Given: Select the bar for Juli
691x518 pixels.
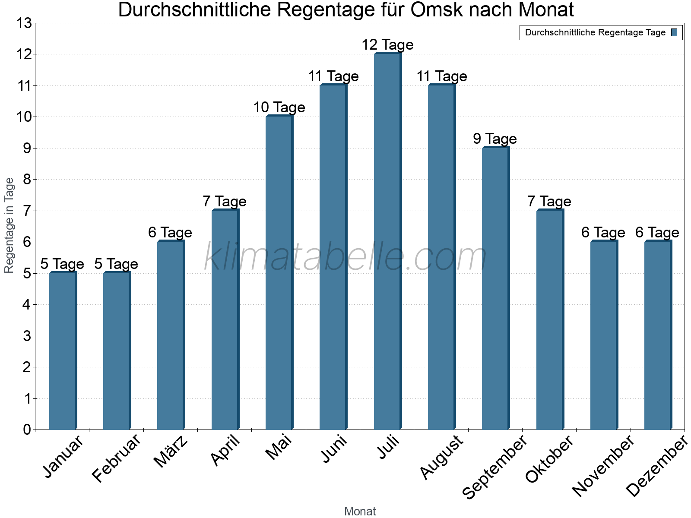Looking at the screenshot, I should (387, 242).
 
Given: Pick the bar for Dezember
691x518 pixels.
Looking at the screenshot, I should (658, 335).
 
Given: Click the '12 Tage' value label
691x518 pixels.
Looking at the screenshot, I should (387, 45).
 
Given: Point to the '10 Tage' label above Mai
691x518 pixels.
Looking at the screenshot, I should (279, 107).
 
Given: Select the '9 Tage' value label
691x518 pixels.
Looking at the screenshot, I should (495, 139).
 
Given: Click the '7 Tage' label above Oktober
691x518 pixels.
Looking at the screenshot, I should (549, 202).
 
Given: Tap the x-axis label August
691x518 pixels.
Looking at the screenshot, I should (441, 458).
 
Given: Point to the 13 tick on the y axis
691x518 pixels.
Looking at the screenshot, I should (24, 23).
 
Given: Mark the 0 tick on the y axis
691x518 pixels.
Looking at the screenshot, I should (27, 430).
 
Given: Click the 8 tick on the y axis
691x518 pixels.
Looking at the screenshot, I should (27, 180).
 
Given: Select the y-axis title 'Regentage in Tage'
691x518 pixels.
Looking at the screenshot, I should (9, 225).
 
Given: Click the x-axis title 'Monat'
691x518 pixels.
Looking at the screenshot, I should (360, 512).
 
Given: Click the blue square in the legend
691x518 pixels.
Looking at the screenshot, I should (674, 32).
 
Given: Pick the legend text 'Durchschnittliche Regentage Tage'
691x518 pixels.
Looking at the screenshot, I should (595, 32).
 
